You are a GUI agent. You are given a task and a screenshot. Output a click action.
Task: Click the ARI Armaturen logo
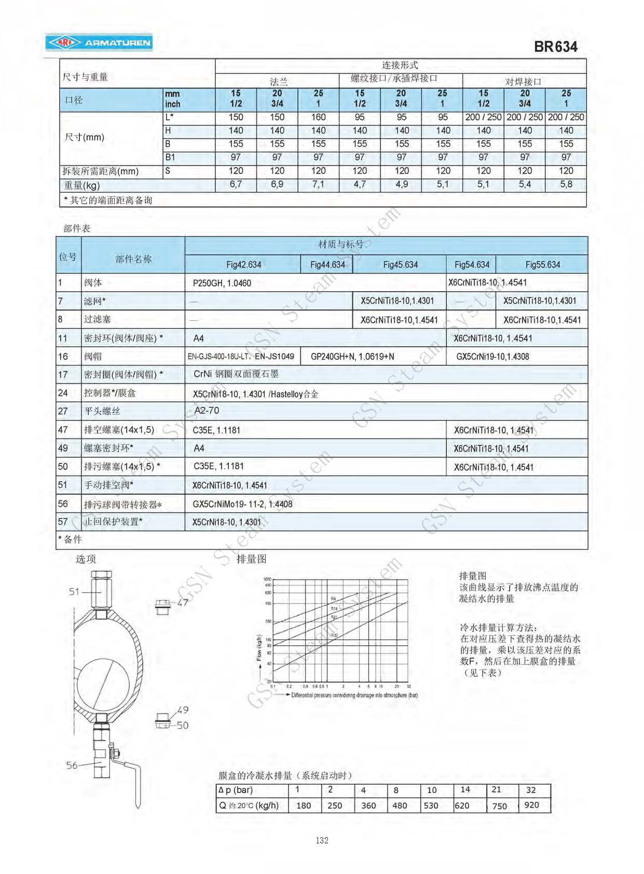99,43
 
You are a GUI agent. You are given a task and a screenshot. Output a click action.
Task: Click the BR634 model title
555,47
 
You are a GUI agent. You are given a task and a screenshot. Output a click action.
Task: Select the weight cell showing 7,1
318,184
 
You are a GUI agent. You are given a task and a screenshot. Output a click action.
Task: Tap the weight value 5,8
566,184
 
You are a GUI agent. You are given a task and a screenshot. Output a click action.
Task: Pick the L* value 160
318,117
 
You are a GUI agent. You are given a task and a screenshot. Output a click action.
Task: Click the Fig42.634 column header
243,265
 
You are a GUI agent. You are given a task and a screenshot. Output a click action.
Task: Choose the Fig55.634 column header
542,265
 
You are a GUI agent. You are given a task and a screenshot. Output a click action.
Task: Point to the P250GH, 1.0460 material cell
222,283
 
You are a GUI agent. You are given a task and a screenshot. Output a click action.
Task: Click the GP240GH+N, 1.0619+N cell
352,357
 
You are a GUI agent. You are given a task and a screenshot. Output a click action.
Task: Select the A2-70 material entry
207,411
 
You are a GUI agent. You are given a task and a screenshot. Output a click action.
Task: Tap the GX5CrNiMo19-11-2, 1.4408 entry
242,504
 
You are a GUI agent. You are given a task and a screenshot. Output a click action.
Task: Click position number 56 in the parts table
63,504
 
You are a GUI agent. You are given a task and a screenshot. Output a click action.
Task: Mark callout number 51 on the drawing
74,592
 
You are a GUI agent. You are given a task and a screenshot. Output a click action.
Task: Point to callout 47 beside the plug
183,603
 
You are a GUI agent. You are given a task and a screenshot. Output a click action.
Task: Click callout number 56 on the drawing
72,765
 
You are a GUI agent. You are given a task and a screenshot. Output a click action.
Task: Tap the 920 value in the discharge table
532,805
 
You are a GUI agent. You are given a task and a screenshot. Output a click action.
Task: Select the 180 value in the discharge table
304,805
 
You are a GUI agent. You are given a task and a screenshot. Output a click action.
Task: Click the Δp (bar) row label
236,790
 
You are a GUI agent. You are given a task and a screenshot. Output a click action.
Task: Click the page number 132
322,840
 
